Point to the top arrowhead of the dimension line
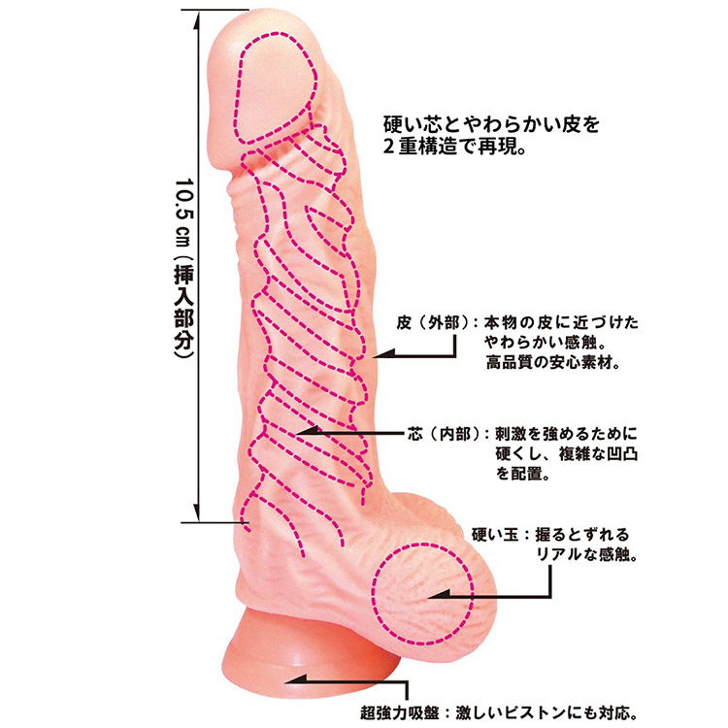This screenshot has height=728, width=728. coord(199,19)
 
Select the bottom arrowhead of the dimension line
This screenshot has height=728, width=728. coord(199,513)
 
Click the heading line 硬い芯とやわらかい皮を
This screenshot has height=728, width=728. coord(491,124)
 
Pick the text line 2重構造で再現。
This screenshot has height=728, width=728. coord(454,147)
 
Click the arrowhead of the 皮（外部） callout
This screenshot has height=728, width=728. coord(382,355)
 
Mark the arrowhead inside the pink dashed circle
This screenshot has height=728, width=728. coord(438,595)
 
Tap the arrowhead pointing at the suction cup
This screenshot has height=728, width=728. coord(294,680)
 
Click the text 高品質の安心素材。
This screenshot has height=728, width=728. coord(553,362)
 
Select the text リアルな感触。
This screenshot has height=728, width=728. coord(586,554)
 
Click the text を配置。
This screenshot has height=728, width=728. coord(523,474)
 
